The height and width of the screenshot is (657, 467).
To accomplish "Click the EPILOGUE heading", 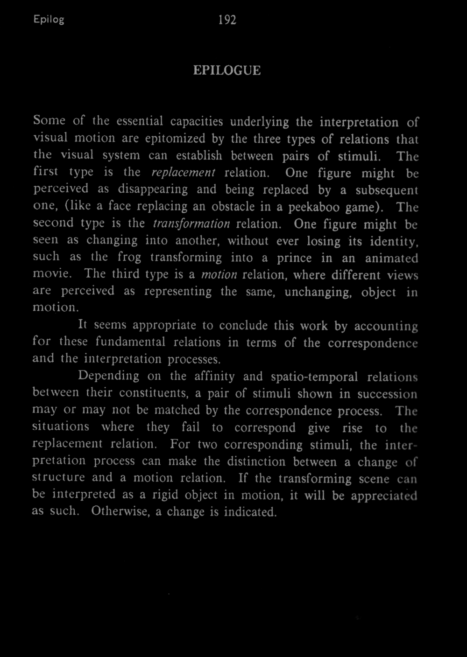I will pos(226,70).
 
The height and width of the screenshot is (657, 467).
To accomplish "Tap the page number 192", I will pos(227,20).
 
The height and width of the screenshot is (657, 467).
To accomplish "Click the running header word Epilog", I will pos(49,20).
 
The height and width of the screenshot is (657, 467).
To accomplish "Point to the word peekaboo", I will pos(314,207).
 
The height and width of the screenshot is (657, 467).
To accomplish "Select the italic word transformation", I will pos(191,224).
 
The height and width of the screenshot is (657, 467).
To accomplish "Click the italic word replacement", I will pos(183,172).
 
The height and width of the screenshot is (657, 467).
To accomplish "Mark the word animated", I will pos(391,259).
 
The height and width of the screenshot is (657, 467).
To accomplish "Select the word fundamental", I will pos(131,342).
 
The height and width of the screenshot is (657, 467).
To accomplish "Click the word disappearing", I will pos(153,189).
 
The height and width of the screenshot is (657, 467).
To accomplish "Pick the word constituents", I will pos(153,393).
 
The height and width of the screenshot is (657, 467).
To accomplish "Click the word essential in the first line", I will pos(140,121).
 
